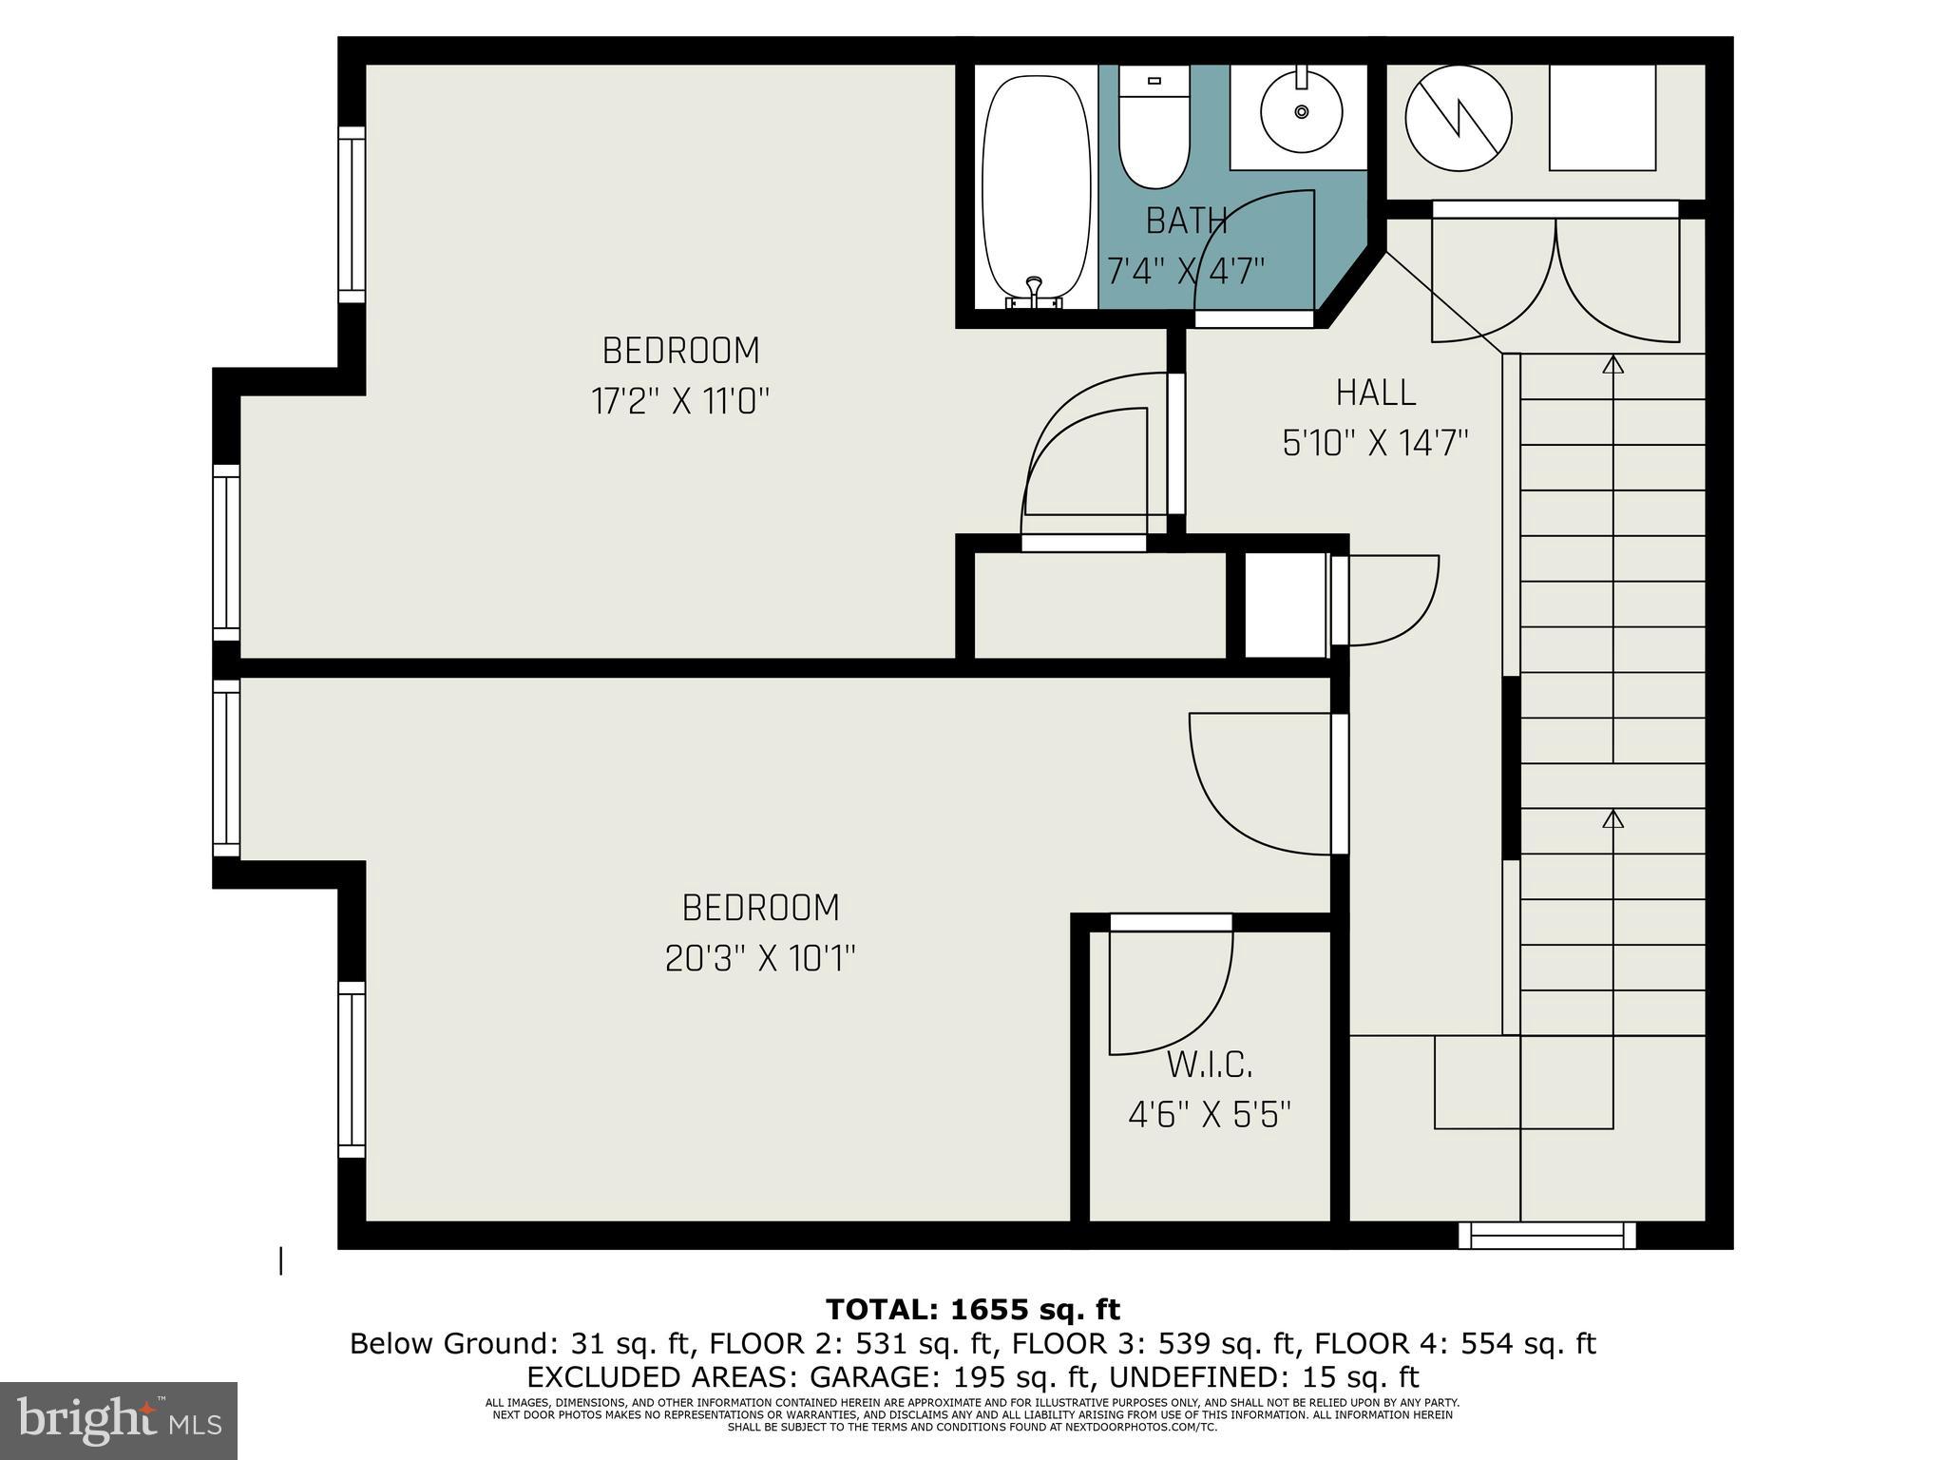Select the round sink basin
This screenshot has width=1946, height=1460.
point(1301,112)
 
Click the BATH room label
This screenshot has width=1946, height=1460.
point(1186,221)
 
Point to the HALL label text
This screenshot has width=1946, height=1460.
point(1375,393)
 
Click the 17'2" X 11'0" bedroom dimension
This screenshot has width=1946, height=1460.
point(679,402)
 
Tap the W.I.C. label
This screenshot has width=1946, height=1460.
point(1209,1066)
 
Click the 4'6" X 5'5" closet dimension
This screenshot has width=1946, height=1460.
point(1209,1114)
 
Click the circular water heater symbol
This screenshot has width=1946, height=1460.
point(1458,119)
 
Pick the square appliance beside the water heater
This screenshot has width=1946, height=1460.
point(1602,117)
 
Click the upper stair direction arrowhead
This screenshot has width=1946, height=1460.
point(1612,364)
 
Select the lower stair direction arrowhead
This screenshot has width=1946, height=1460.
point(1612,818)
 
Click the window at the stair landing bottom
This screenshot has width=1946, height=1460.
point(1547,1235)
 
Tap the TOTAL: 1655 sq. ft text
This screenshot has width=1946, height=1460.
point(972,1310)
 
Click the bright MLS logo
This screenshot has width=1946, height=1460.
point(118,1421)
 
